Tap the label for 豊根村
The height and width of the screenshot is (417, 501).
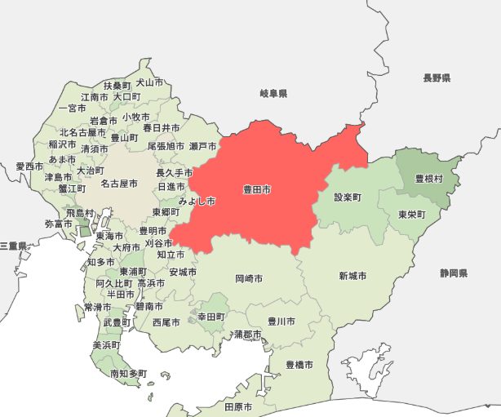tap(428, 178)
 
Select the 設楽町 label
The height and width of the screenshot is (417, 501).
tap(348, 197)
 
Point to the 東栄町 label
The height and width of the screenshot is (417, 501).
tap(412, 214)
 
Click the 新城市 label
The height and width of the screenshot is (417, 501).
tap(352, 276)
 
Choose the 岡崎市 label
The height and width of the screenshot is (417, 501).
tap(249, 278)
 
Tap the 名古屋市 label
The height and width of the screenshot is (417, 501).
tap(119, 184)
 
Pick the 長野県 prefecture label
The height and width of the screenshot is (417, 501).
tap(437, 78)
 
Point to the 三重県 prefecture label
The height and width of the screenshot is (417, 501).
tap(14, 245)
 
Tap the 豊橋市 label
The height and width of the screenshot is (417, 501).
tap(299, 365)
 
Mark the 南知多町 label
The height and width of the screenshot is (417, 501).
tap(129, 374)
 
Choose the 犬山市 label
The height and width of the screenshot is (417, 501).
tap(149, 82)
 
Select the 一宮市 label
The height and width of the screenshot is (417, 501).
tap(73, 108)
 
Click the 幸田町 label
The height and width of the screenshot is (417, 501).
tap(211, 316)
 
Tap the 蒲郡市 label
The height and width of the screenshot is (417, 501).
tap(246, 335)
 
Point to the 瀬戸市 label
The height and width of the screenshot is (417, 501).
tap(203, 146)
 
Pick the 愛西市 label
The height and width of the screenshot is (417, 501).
tap(29, 166)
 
